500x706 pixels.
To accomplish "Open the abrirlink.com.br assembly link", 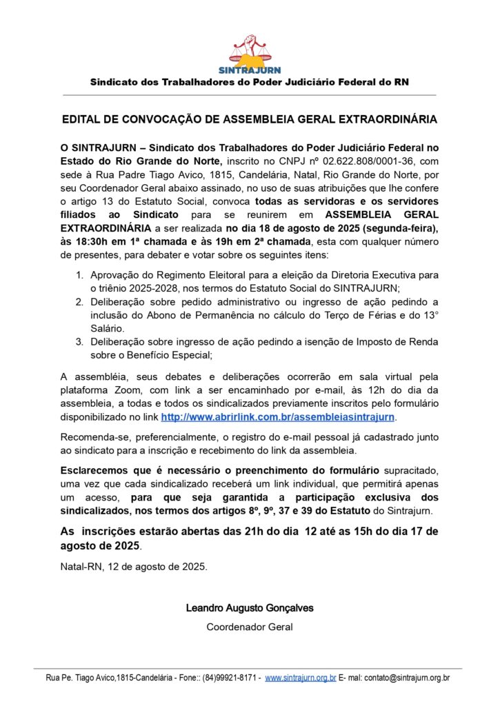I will click(x=278, y=417).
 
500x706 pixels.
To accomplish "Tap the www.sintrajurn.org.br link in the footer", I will click(x=300, y=678).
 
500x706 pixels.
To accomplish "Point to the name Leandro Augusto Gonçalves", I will click(x=250, y=608).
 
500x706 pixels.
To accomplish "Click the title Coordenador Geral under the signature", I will click(x=250, y=627).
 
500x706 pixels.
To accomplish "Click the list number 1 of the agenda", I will click(x=79, y=276).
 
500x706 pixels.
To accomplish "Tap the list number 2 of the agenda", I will click(x=79, y=302).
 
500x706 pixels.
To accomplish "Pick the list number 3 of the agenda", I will click(x=79, y=342).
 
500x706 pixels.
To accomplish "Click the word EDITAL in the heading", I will click(x=81, y=119).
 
